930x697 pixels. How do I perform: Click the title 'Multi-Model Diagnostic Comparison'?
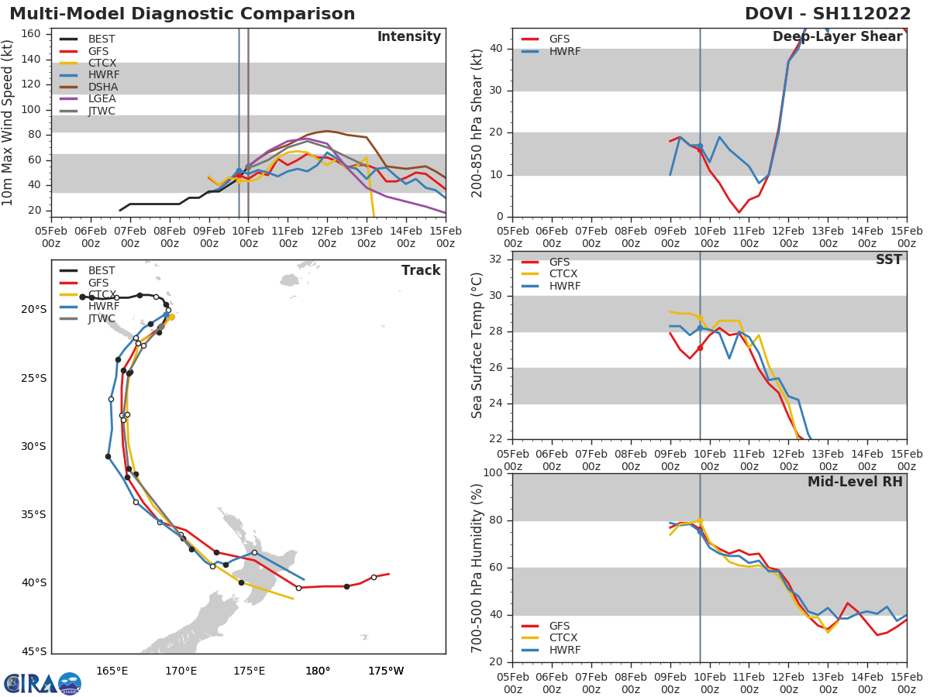click(x=182, y=14)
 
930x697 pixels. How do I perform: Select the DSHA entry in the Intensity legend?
click(x=102, y=87)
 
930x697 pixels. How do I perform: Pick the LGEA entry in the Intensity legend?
click(x=102, y=99)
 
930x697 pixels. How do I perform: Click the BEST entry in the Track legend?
click(x=102, y=271)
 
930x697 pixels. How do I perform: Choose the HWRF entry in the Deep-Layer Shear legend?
click(x=564, y=52)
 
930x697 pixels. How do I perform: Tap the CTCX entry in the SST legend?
click(x=563, y=274)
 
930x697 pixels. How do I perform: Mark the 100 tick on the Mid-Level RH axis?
click(x=493, y=473)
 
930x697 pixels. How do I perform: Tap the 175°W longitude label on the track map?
click(x=386, y=671)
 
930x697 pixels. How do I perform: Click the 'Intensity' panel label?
click(x=408, y=37)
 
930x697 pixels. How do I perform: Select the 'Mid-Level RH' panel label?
click(x=855, y=482)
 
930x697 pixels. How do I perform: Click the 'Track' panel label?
click(x=421, y=270)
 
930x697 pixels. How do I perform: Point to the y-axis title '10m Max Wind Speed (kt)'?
click(x=9, y=122)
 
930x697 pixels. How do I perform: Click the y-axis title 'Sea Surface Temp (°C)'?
click(x=477, y=345)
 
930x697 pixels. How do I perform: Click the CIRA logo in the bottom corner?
click(x=43, y=683)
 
